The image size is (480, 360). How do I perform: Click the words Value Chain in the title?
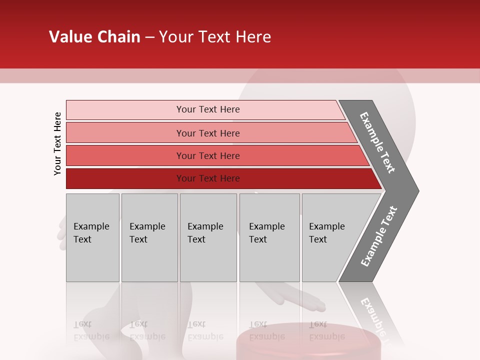(x=94, y=37)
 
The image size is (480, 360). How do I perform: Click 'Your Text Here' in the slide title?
(x=215, y=37)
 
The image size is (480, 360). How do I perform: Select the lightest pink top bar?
(x=125, y=110)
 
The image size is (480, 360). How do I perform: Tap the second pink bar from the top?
(x=125, y=133)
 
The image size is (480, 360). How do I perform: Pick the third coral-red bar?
(x=125, y=155)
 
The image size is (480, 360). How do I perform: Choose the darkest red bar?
(x=125, y=178)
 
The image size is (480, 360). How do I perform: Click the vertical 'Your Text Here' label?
(x=57, y=143)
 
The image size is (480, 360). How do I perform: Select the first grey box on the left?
(x=92, y=237)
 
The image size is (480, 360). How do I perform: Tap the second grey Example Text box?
(x=149, y=237)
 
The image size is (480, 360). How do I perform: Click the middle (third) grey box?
(x=208, y=237)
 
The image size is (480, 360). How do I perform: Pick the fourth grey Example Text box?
(x=269, y=237)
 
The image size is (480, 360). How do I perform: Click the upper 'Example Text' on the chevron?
(x=377, y=142)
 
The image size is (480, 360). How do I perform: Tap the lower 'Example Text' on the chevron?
(x=379, y=236)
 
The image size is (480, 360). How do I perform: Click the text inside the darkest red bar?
(x=208, y=178)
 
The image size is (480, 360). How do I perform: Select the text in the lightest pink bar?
(x=208, y=109)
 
